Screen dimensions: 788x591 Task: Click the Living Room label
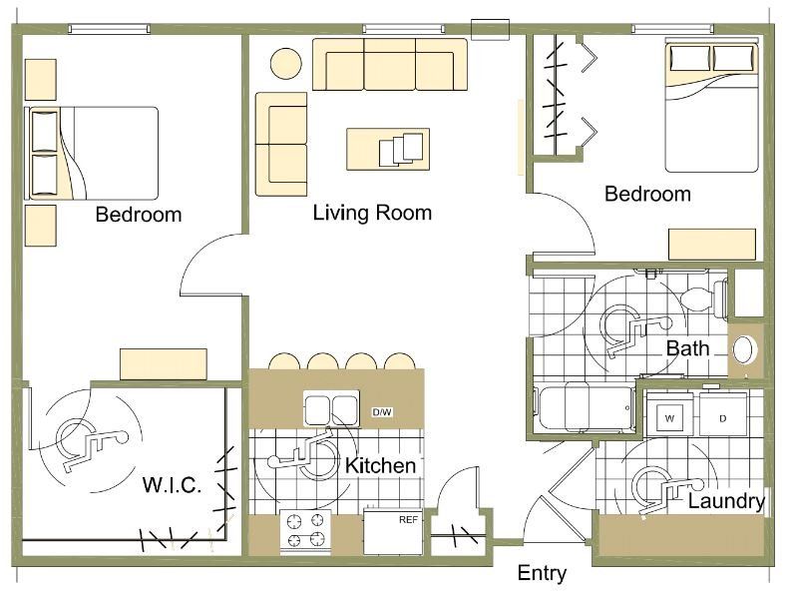pyautogui.click(x=372, y=213)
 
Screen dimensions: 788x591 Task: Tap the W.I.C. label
pyautogui.click(x=173, y=485)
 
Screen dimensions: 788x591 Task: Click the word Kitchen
pyautogui.click(x=380, y=466)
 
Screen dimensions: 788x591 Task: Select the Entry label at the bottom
pyautogui.click(x=542, y=573)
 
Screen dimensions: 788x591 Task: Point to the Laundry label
pyautogui.click(x=726, y=501)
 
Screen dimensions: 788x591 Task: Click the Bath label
pyautogui.click(x=687, y=348)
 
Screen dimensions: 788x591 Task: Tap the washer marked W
pyautogui.click(x=670, y=416)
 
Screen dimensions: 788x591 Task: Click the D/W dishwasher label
pyautogui.click(x=382, y=412)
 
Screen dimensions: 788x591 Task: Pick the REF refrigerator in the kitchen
pyautogui.click(x=391, y=533)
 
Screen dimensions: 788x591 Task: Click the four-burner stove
pyautogui.click(x=305, y=532)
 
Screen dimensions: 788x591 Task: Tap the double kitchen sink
pyautogui.click(x=331, y=408)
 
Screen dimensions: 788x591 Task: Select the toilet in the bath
pyautogui.click(x=703, y=299)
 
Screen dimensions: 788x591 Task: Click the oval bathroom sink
pyautogui.click(x=745, y=350)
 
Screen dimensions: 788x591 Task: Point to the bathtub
pyautogui.click(x=585, y=407)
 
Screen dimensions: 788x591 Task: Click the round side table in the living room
pyautogui.click(x=286, y=63)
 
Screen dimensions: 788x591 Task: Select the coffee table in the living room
pyautogui.click(x=388, y=149)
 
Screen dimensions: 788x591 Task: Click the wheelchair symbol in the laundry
pyautogui.click(x=666, y=490)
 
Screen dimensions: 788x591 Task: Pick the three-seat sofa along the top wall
pyautogui.click(x=390, y=64)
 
